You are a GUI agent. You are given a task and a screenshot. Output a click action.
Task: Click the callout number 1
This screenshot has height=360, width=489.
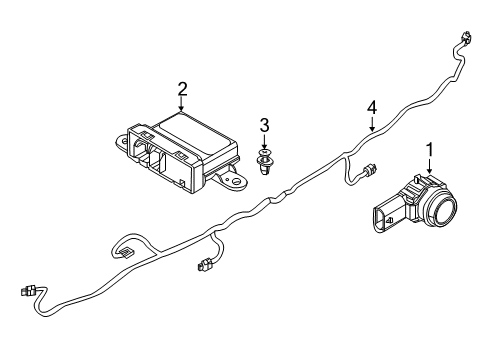tap(430, 150)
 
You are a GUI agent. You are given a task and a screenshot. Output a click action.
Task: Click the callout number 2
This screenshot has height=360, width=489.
tap(182, 88)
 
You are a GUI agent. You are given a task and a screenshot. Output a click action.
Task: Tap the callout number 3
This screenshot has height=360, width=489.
tap(264, 125)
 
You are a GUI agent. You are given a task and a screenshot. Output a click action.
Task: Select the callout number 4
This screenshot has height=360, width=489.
tap(371, 106)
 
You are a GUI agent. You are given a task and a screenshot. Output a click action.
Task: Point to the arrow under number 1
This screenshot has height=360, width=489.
tap(430, 168)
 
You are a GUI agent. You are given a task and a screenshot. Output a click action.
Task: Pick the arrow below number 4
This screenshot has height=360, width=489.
tap(371, 123)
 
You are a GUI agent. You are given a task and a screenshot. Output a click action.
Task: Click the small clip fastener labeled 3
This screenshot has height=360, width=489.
tap(265, 162)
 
